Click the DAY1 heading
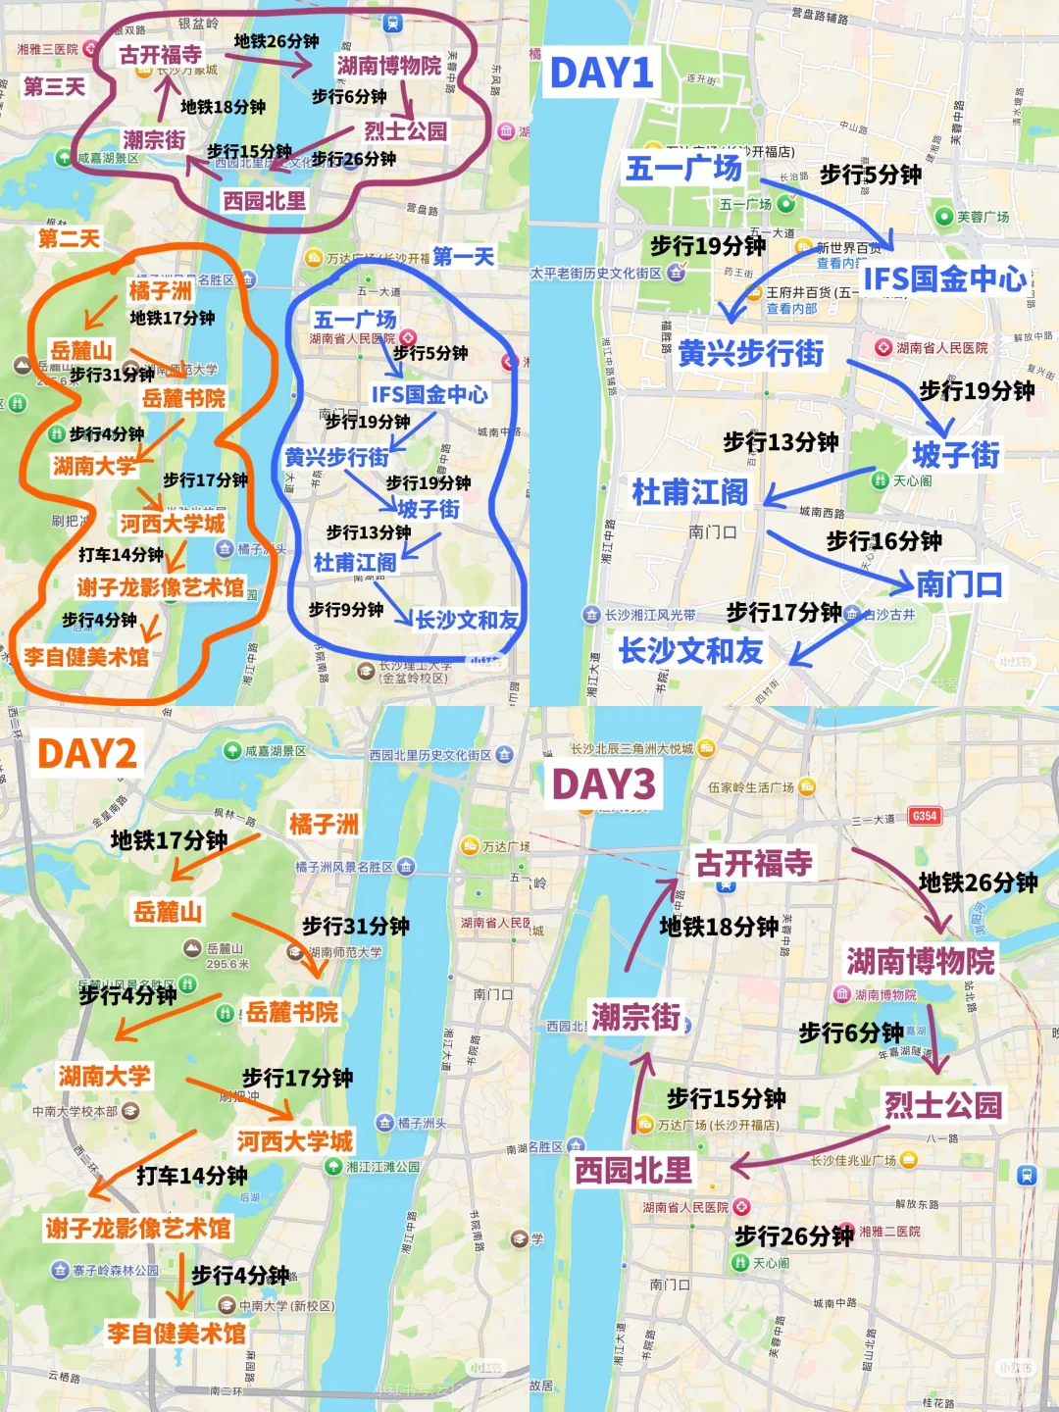tap(601, 73)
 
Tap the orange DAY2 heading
tap(86, 753)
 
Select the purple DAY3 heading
tap(602, 784)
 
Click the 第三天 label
tap(54, 87)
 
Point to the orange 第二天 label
tap(69, 238)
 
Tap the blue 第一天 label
tap(463, 257)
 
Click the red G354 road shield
tap(924, 816)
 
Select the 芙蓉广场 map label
tap(983, 217)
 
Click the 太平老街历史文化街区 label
tap(597, 274)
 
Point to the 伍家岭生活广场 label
tap(751, 786)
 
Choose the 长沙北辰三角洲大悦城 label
tap(632, 748)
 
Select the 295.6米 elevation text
tap(227, 964)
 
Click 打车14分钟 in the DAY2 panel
tap(191, 1175)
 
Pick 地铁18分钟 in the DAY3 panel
tap(719, 927)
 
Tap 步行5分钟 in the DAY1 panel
tap(870, 175)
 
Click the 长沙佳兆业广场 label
tap(853, 1160)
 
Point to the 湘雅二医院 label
tap(889, 1231)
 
